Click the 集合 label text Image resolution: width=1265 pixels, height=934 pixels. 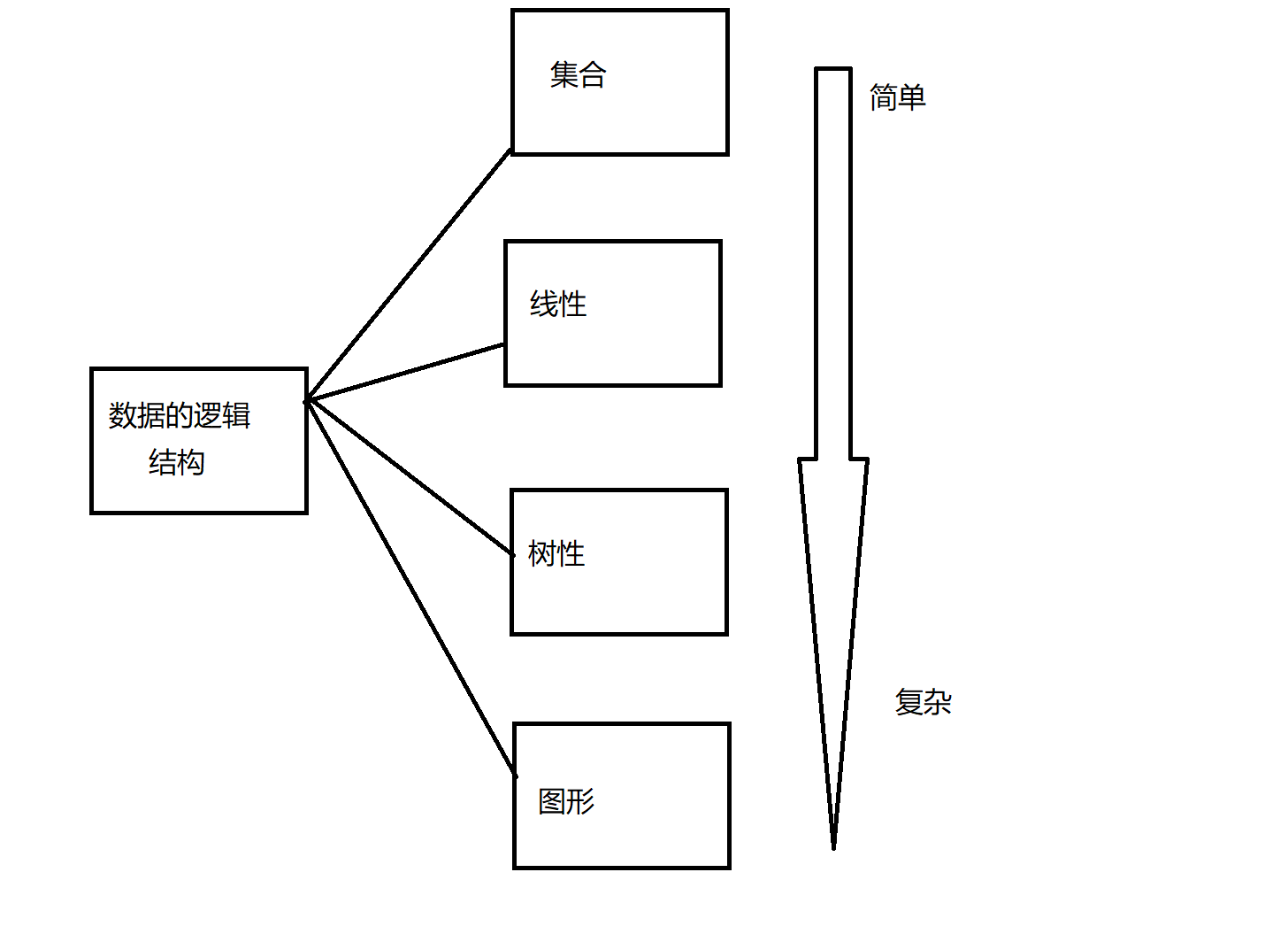tap(578, 75)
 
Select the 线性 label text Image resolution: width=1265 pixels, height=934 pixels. tap(558, 305)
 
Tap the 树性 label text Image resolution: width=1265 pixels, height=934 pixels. tap(556, 554)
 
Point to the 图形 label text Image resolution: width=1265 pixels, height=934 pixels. tap(566, 802)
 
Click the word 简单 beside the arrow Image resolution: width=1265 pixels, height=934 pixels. tap(897, 97)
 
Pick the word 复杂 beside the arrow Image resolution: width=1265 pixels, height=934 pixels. tap(923, 703)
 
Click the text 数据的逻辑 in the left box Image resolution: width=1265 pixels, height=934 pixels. tap(180, 415)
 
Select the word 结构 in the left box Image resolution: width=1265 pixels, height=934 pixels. tap(177, 462)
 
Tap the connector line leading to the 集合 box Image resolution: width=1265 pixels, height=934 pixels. tap(409, 276)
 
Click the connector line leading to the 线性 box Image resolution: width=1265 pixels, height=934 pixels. tap(405, 373)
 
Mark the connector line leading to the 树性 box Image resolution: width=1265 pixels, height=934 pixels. tap(410, 478)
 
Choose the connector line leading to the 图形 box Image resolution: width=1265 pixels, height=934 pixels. tap(410, 589)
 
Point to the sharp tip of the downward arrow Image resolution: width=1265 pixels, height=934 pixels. tap(833, 845)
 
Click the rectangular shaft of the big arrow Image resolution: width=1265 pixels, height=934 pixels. tap(833, 266)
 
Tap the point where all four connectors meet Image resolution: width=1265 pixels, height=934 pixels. tap(307, 401)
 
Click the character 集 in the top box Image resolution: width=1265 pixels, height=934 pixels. tap(563, 75)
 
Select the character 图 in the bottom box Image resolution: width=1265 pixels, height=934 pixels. tap(552, 802)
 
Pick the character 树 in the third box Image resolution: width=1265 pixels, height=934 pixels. tap(542, 554)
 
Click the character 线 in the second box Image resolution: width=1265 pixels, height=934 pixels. tap(544, 305)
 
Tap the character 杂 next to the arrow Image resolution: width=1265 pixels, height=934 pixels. tap(938, 703)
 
